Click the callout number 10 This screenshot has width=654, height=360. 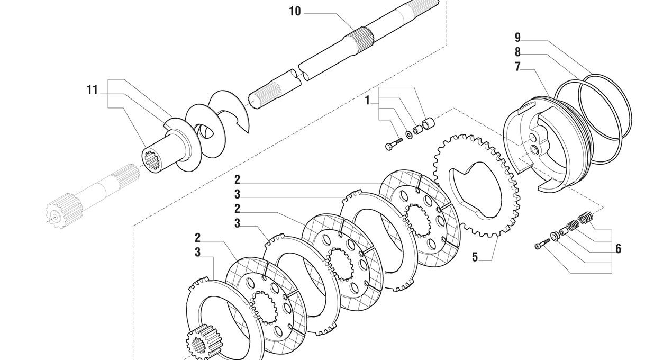point(295,12)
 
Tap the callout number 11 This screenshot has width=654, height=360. point(92,89)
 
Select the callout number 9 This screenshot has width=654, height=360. point(517,38)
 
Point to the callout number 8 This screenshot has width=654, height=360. point(517,52)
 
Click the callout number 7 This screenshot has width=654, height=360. point(517,67)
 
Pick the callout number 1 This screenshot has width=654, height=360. point(367,101)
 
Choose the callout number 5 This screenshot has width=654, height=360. point(475,257)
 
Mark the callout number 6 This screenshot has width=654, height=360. point(618,249)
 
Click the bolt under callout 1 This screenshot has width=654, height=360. point(394,144)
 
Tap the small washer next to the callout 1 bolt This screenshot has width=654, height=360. point(410,135)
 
